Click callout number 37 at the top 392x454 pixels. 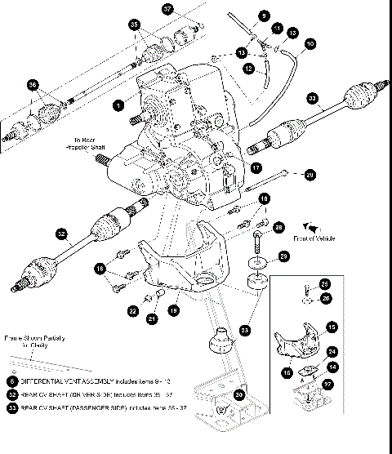tap(167, 10)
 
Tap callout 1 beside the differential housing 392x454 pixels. tap(118, 105)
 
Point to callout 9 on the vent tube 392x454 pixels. tap(264, 16)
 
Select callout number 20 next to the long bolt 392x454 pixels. tap(309, 174)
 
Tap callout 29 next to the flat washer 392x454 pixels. tap(283, 257)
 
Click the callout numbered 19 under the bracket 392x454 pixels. tap(173, 310)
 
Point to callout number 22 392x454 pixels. tap(132, 310)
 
